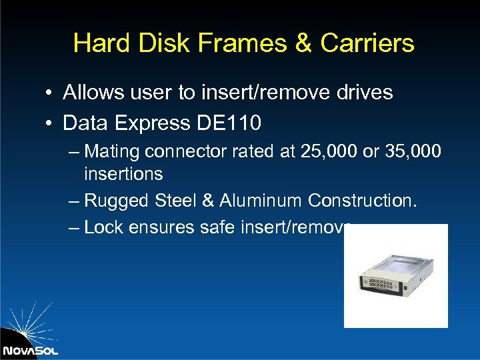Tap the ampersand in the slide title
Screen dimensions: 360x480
click(x=302, y=43)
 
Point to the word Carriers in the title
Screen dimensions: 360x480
click(x=367, y=43)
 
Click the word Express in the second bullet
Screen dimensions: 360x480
click(x=152, y=123)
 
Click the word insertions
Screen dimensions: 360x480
click(x=123, y=174)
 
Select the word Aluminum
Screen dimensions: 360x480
click(x=254, y=201)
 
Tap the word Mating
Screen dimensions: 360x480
click(x=113, y=152)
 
